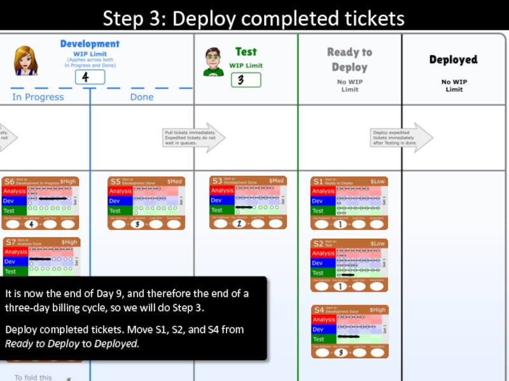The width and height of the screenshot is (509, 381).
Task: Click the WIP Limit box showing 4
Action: [x=90, y=77]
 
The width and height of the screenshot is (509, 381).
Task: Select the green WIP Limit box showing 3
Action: [x=245, y=80]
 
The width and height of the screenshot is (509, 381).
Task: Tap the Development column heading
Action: [x=90, y=44]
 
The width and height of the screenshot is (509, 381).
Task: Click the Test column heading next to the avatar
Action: [x=246, y=51]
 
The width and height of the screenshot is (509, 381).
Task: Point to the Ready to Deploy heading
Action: [x=349, y=60]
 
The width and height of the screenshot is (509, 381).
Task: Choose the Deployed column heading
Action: [x=453, y=60]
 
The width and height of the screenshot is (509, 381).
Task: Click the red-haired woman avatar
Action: [x=26, y=61]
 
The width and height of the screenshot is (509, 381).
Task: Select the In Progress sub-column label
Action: [x=38, y=97]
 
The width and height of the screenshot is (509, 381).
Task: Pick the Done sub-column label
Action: [x=142, y=97]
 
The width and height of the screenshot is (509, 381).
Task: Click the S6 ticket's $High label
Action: [x=69, y=182]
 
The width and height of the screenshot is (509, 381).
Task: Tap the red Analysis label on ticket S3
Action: [x=221, y=190]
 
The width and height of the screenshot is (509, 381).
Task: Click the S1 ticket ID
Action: [x=317, y=182]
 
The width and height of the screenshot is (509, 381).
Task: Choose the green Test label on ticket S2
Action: [x=318, y=273]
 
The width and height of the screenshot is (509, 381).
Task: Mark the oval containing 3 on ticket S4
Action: [x=341, y=352]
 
